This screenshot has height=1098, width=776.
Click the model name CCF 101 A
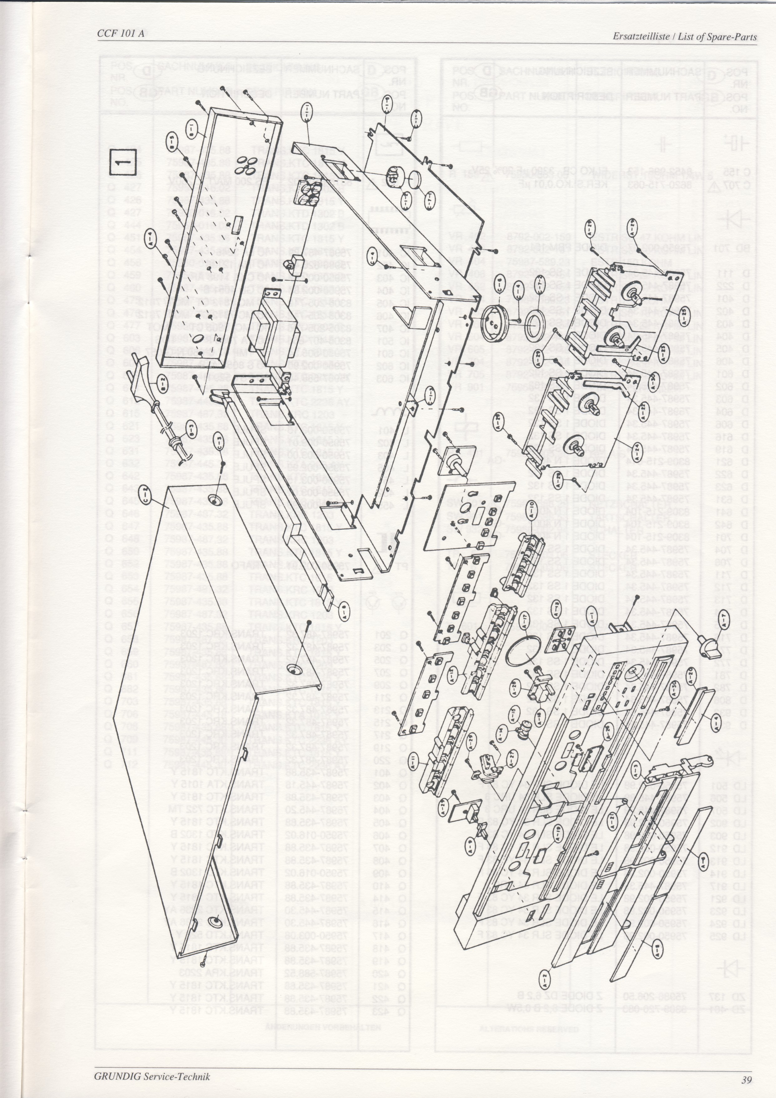click(120, 34)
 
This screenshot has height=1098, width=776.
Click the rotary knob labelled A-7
click(707, 643)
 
